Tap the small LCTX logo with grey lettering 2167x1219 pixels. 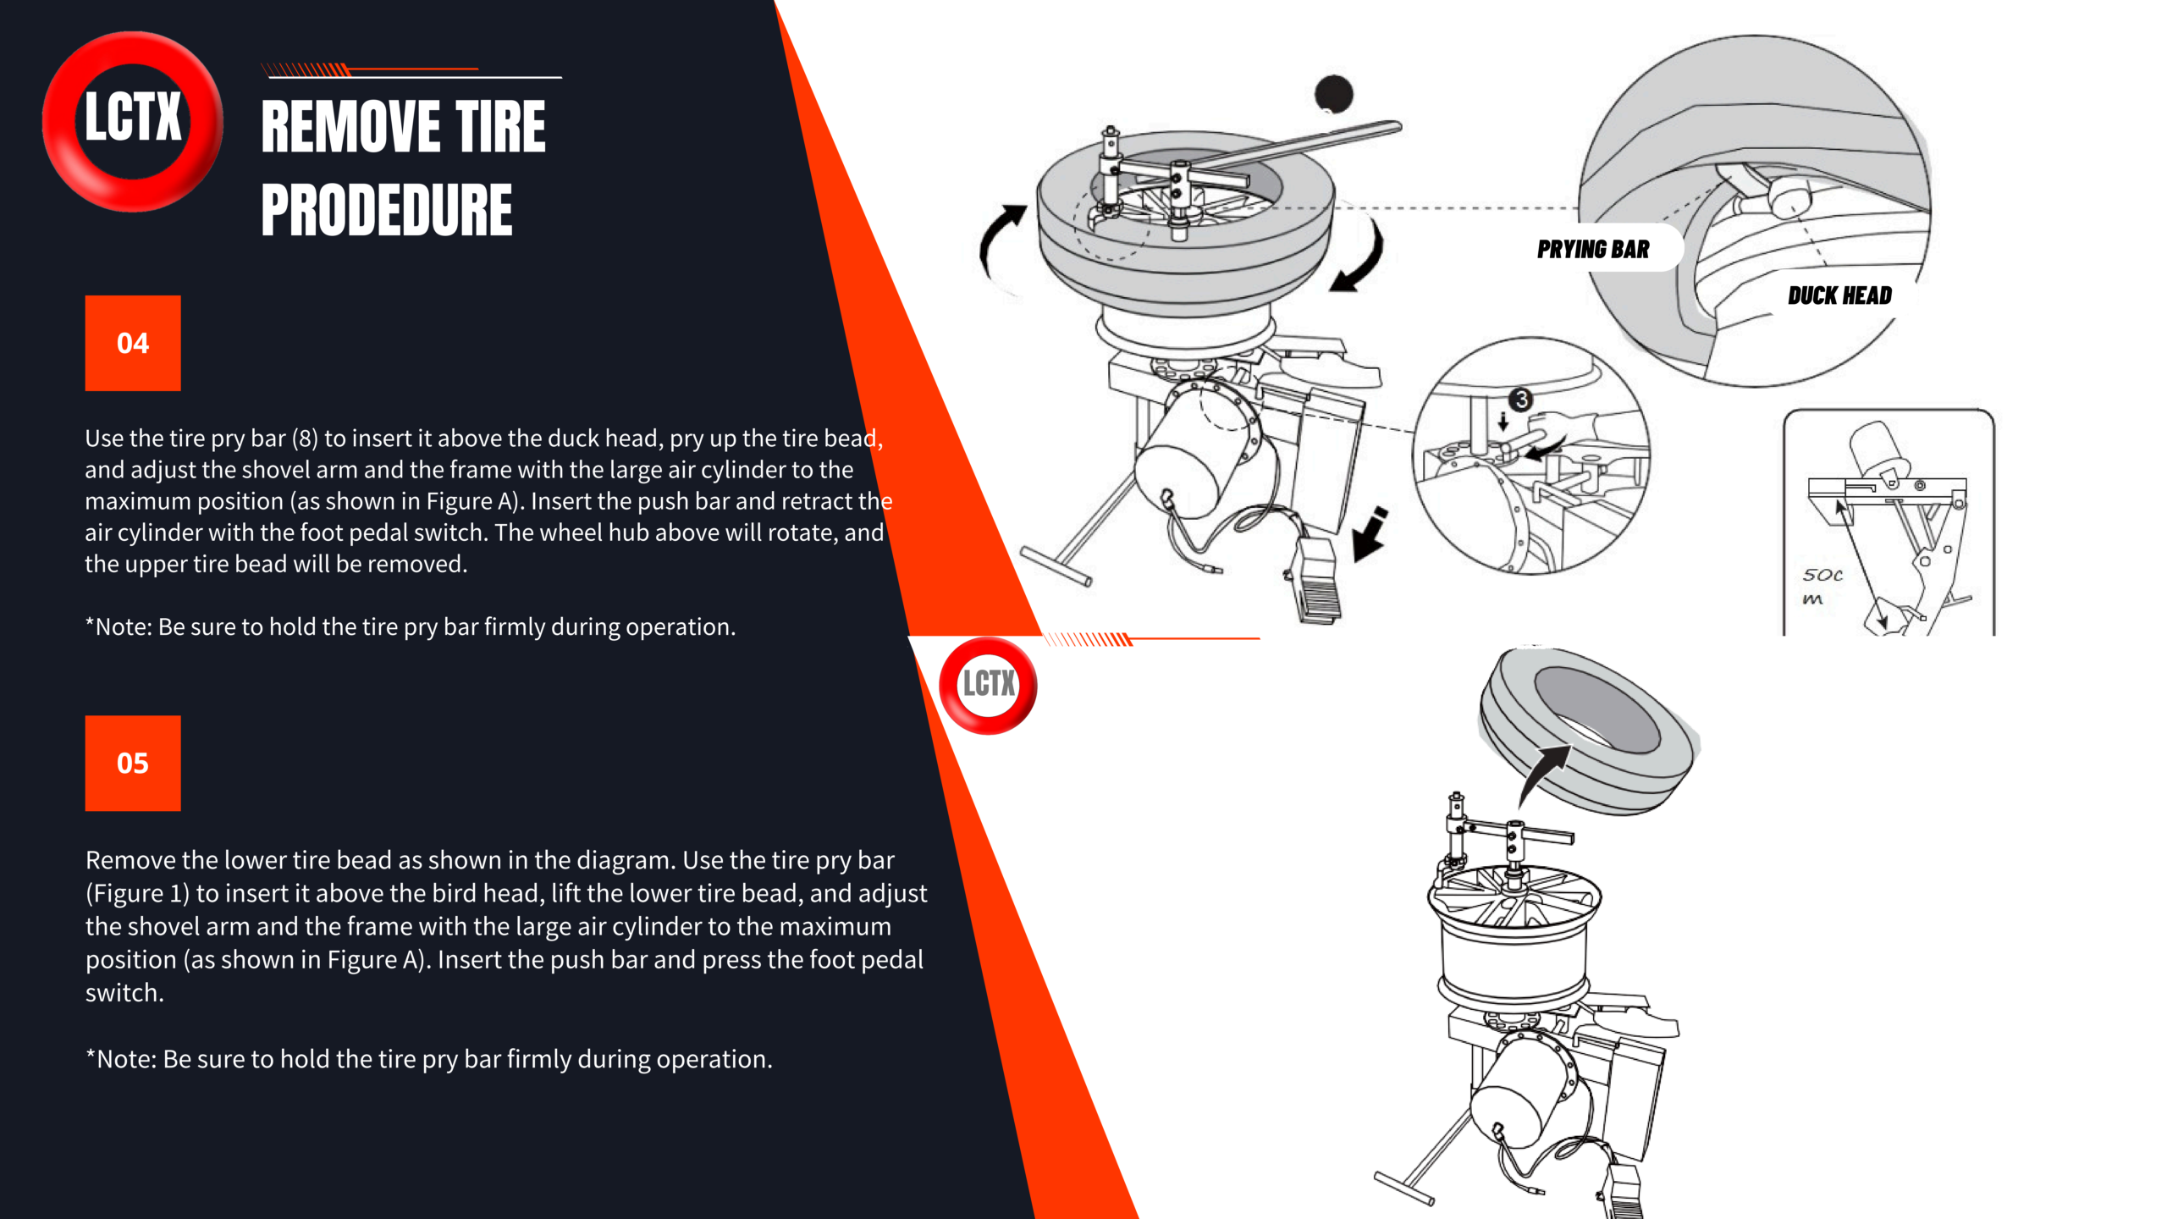click(x=988, y=684)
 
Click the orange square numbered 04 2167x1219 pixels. click(x=133, y=343)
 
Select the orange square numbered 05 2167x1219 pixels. click(x=133, y=763)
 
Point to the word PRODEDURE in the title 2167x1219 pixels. click(x=387, y=209)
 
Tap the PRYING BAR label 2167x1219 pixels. click(x=1593, y=249)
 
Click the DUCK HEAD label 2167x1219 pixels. click(x=1839, y=295)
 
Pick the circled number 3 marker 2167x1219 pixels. click(x=1521, y=399)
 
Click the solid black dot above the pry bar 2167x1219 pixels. click(x=1333, y=93)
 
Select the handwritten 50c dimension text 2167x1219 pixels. click(x=1822, y=575)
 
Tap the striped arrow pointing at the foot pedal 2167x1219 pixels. click(x=1369, y=535)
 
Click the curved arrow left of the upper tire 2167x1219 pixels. click(x=996, y=245)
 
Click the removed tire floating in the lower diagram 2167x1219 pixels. click(x=1589, y=731)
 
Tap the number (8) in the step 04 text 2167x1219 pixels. click(x=305, y=439)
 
